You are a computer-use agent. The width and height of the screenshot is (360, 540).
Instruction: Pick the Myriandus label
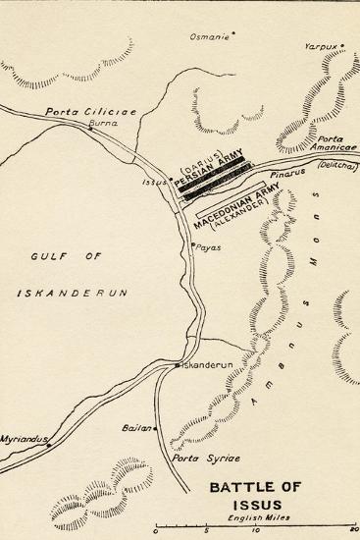[22, 439]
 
